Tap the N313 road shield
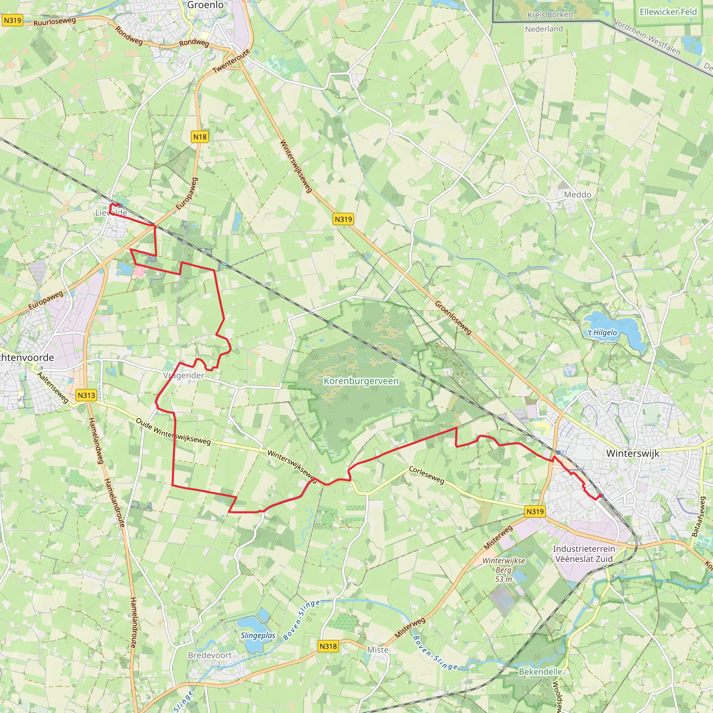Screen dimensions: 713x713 click(86, 395)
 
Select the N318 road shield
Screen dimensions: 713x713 click(328, 646)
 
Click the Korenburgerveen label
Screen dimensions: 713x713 click(361, 381)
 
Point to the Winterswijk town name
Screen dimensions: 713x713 click(633, 453)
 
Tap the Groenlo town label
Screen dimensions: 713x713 click(205, 5)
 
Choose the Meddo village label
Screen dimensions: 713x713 click(578, 195)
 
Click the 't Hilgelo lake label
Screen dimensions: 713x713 click(602, 332)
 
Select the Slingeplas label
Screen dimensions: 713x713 click(258, 635)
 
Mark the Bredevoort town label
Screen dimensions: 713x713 click(210, 655)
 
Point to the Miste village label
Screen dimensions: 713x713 click(378, 650)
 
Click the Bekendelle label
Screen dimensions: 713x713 click(540, 671)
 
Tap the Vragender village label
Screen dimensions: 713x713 click(184, 375)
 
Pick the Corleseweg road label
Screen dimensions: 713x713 click(426, 475)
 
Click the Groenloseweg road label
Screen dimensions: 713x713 click(453, 318)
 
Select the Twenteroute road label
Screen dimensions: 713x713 click(232, 61)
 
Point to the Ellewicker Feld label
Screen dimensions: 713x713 click(668, 12)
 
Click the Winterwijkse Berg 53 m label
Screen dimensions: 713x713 click(503, 570)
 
